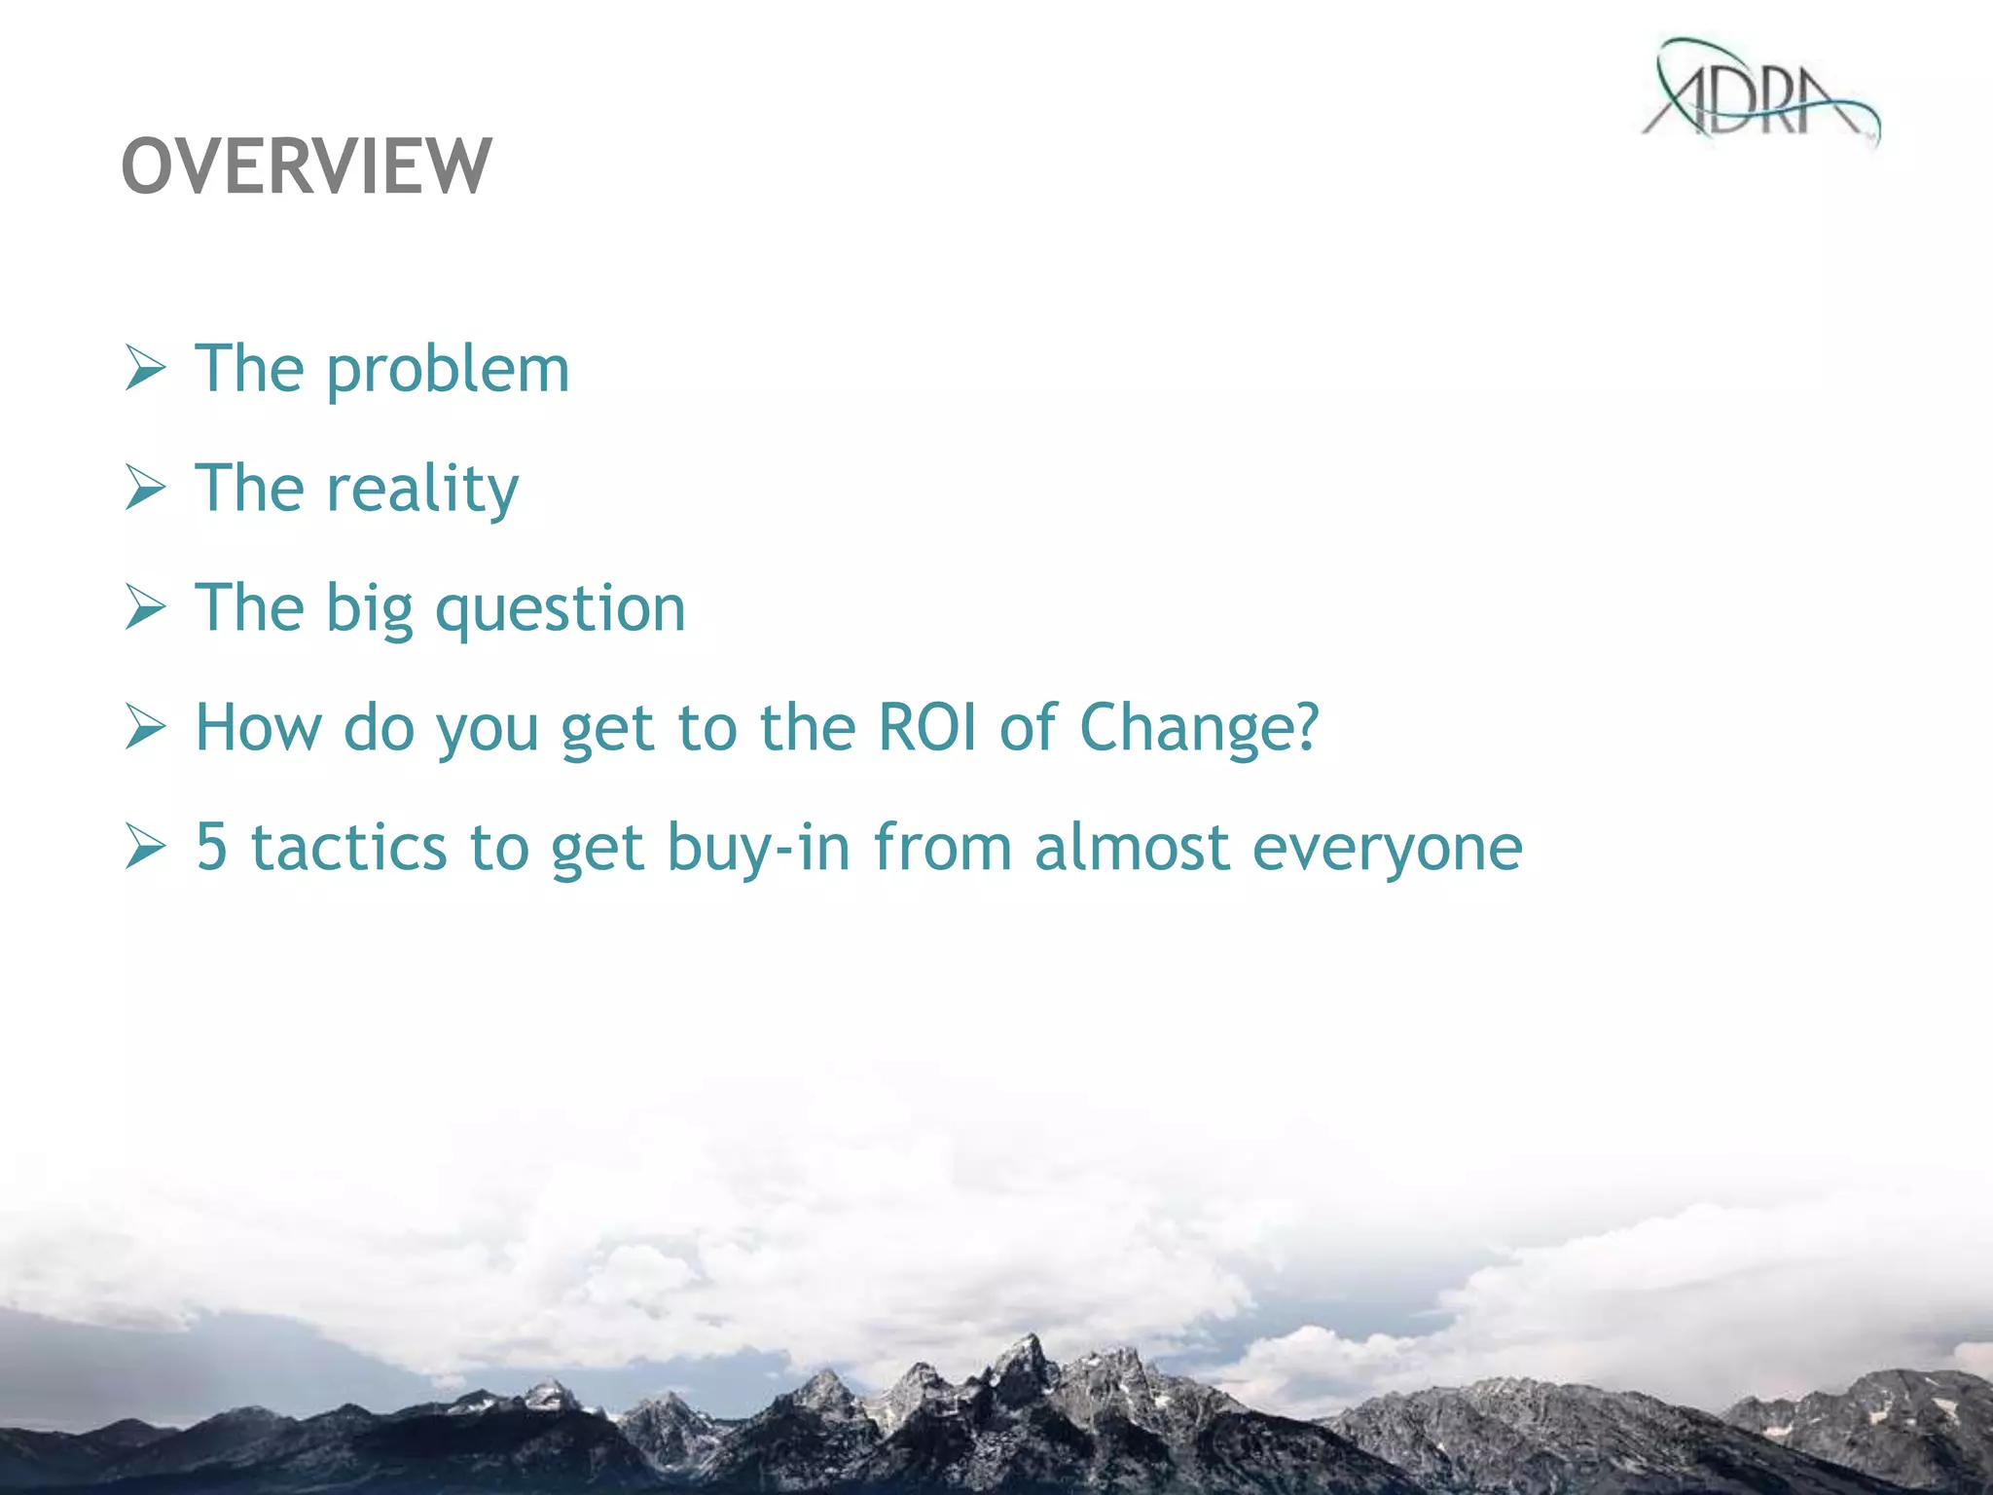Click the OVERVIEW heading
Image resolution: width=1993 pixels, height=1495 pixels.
click(307, 166)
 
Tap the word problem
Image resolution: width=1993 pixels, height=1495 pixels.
click(448, 371)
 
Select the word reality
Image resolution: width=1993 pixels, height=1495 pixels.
click(422, 490)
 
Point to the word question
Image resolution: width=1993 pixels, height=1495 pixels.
click(561, 610)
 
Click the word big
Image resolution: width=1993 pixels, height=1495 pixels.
click(369, 610)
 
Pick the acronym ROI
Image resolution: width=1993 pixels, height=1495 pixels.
click(927, 727)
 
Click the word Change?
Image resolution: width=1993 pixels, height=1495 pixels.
click(1200, 729)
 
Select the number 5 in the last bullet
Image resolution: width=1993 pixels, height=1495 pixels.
click(211, 847)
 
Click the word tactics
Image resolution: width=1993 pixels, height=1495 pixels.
click(349, 847)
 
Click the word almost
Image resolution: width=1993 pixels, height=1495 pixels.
click(1132, 847)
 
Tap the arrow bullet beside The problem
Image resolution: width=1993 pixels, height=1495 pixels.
click(146, 370)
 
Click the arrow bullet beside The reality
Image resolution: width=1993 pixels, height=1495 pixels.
click(146, 489)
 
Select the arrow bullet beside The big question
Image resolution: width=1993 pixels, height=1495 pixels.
click(146, 608)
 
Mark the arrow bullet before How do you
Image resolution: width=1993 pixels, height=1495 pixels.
click(146, 728)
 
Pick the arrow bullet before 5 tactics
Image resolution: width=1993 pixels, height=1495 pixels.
click(146, 847)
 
